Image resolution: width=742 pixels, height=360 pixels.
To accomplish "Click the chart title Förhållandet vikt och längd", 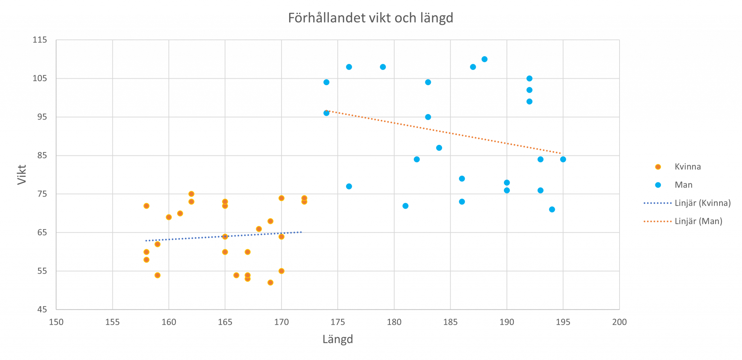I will pos(371,18).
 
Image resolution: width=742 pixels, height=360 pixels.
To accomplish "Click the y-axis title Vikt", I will pos(22,175).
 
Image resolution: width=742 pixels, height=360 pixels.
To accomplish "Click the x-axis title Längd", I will pos(337,339).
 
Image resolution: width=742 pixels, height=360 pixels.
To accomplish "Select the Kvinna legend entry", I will pos(687,167).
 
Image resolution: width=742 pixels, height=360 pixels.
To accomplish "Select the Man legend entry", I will pos(683,185).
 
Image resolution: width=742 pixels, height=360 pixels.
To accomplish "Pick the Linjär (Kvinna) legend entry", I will pos(702,203).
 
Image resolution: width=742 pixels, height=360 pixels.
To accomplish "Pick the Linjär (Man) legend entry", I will pos(698,221).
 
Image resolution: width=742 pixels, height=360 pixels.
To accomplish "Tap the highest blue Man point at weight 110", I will pos(484,59).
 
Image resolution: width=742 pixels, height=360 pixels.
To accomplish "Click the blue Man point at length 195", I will pos(563,159).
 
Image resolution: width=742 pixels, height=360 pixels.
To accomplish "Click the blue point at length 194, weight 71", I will pos(552,209).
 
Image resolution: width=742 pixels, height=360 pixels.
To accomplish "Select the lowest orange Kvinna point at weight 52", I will pos(270,282).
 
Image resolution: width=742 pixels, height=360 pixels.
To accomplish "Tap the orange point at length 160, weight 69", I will pos(169,217).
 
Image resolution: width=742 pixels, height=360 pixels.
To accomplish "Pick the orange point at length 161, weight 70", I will pos(180,213).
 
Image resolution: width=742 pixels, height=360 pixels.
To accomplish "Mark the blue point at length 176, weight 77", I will pos(349,186).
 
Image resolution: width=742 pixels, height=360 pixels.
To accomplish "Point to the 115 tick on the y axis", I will pos(40,40).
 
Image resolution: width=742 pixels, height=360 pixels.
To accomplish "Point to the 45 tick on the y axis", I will pos(42,309).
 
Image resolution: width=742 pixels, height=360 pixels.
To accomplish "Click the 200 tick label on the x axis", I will pos(619,322).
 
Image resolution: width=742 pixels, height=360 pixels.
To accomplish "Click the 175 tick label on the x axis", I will pos(338,322).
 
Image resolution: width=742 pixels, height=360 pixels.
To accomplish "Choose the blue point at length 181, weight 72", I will pos(405,206).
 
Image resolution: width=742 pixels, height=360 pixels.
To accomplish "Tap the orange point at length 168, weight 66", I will pos(259,229).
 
